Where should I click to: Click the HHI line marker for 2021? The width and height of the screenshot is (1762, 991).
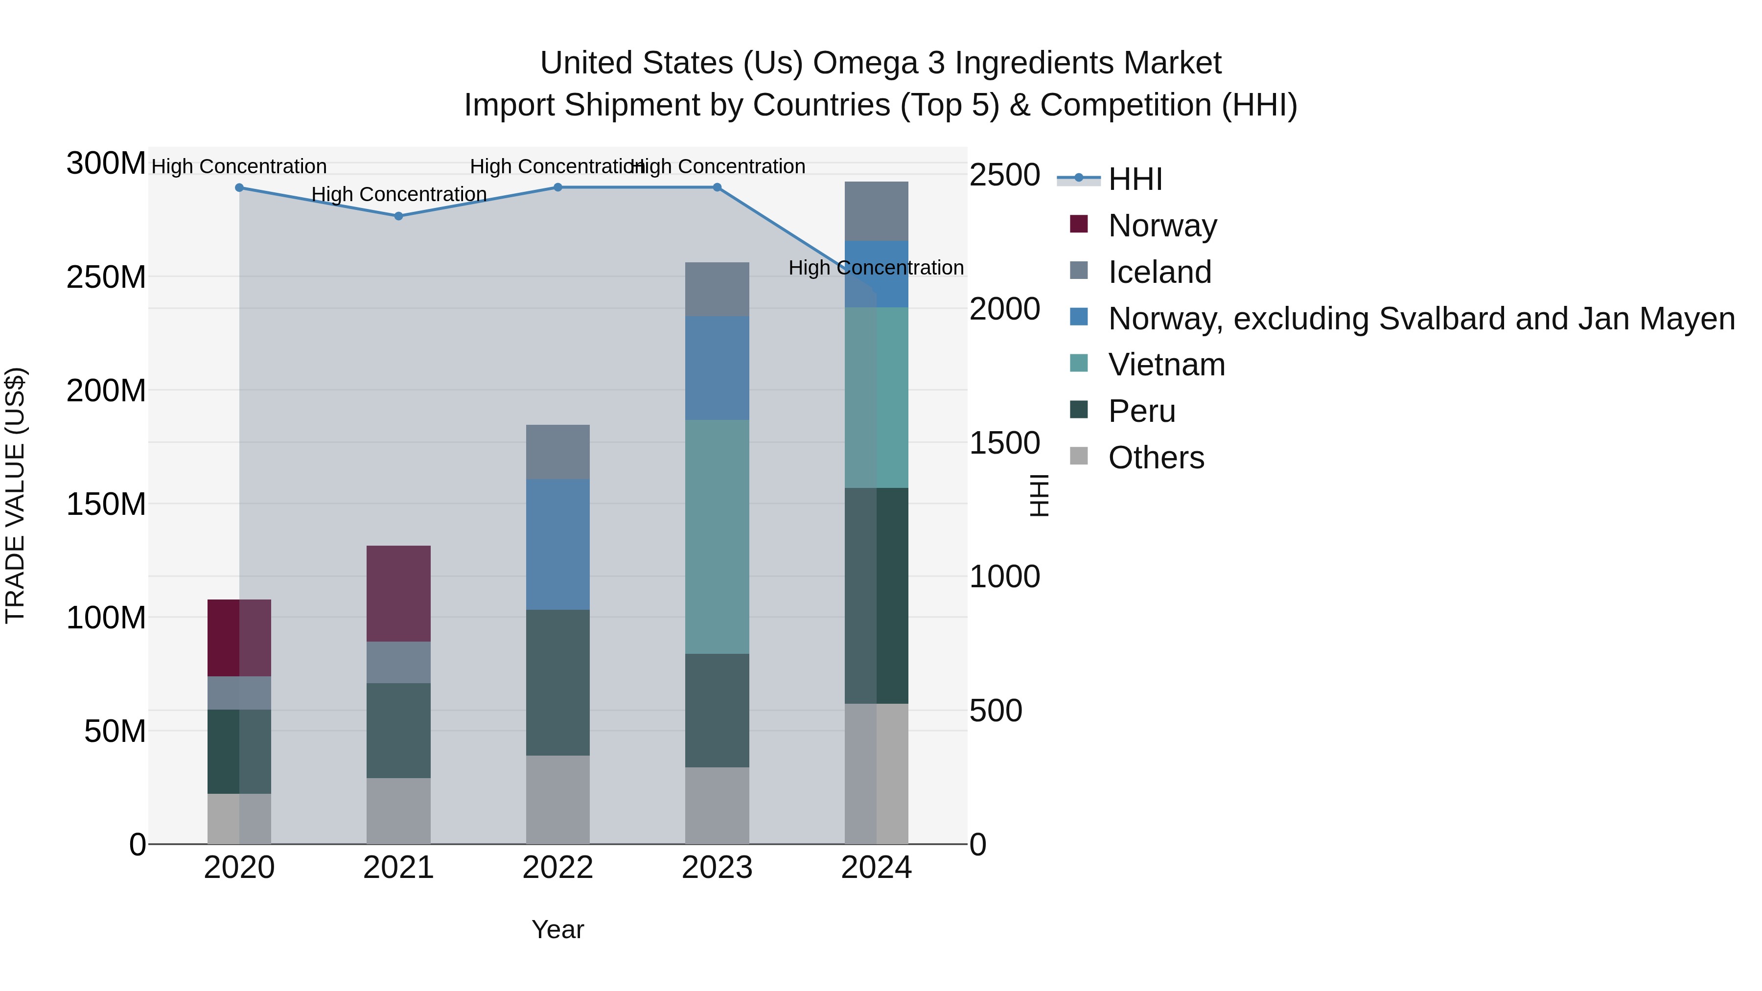[399, 216]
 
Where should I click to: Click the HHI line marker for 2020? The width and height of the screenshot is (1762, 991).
[239, 187]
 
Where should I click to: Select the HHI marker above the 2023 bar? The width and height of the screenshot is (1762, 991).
[717, 187]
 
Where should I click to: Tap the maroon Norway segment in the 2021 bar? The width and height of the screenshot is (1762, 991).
[399, 594]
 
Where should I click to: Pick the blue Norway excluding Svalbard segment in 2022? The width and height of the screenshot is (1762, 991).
[557, 544]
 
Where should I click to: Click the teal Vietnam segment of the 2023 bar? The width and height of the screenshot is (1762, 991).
[717, 537]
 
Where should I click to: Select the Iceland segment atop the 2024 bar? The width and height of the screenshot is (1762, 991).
[876, 211]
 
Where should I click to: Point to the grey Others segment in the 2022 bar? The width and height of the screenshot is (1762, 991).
[557, 800]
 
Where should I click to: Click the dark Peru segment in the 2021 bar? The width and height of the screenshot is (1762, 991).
[399, 731]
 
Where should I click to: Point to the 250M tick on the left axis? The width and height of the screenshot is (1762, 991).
[106, 277]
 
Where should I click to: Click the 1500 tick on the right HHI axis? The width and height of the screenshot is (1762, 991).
[1004, 443]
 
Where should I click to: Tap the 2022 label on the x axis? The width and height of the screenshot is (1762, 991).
[557, 868]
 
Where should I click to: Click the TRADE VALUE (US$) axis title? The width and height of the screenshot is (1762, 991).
[15, 495]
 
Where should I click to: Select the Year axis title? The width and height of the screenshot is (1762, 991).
[557, 929]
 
